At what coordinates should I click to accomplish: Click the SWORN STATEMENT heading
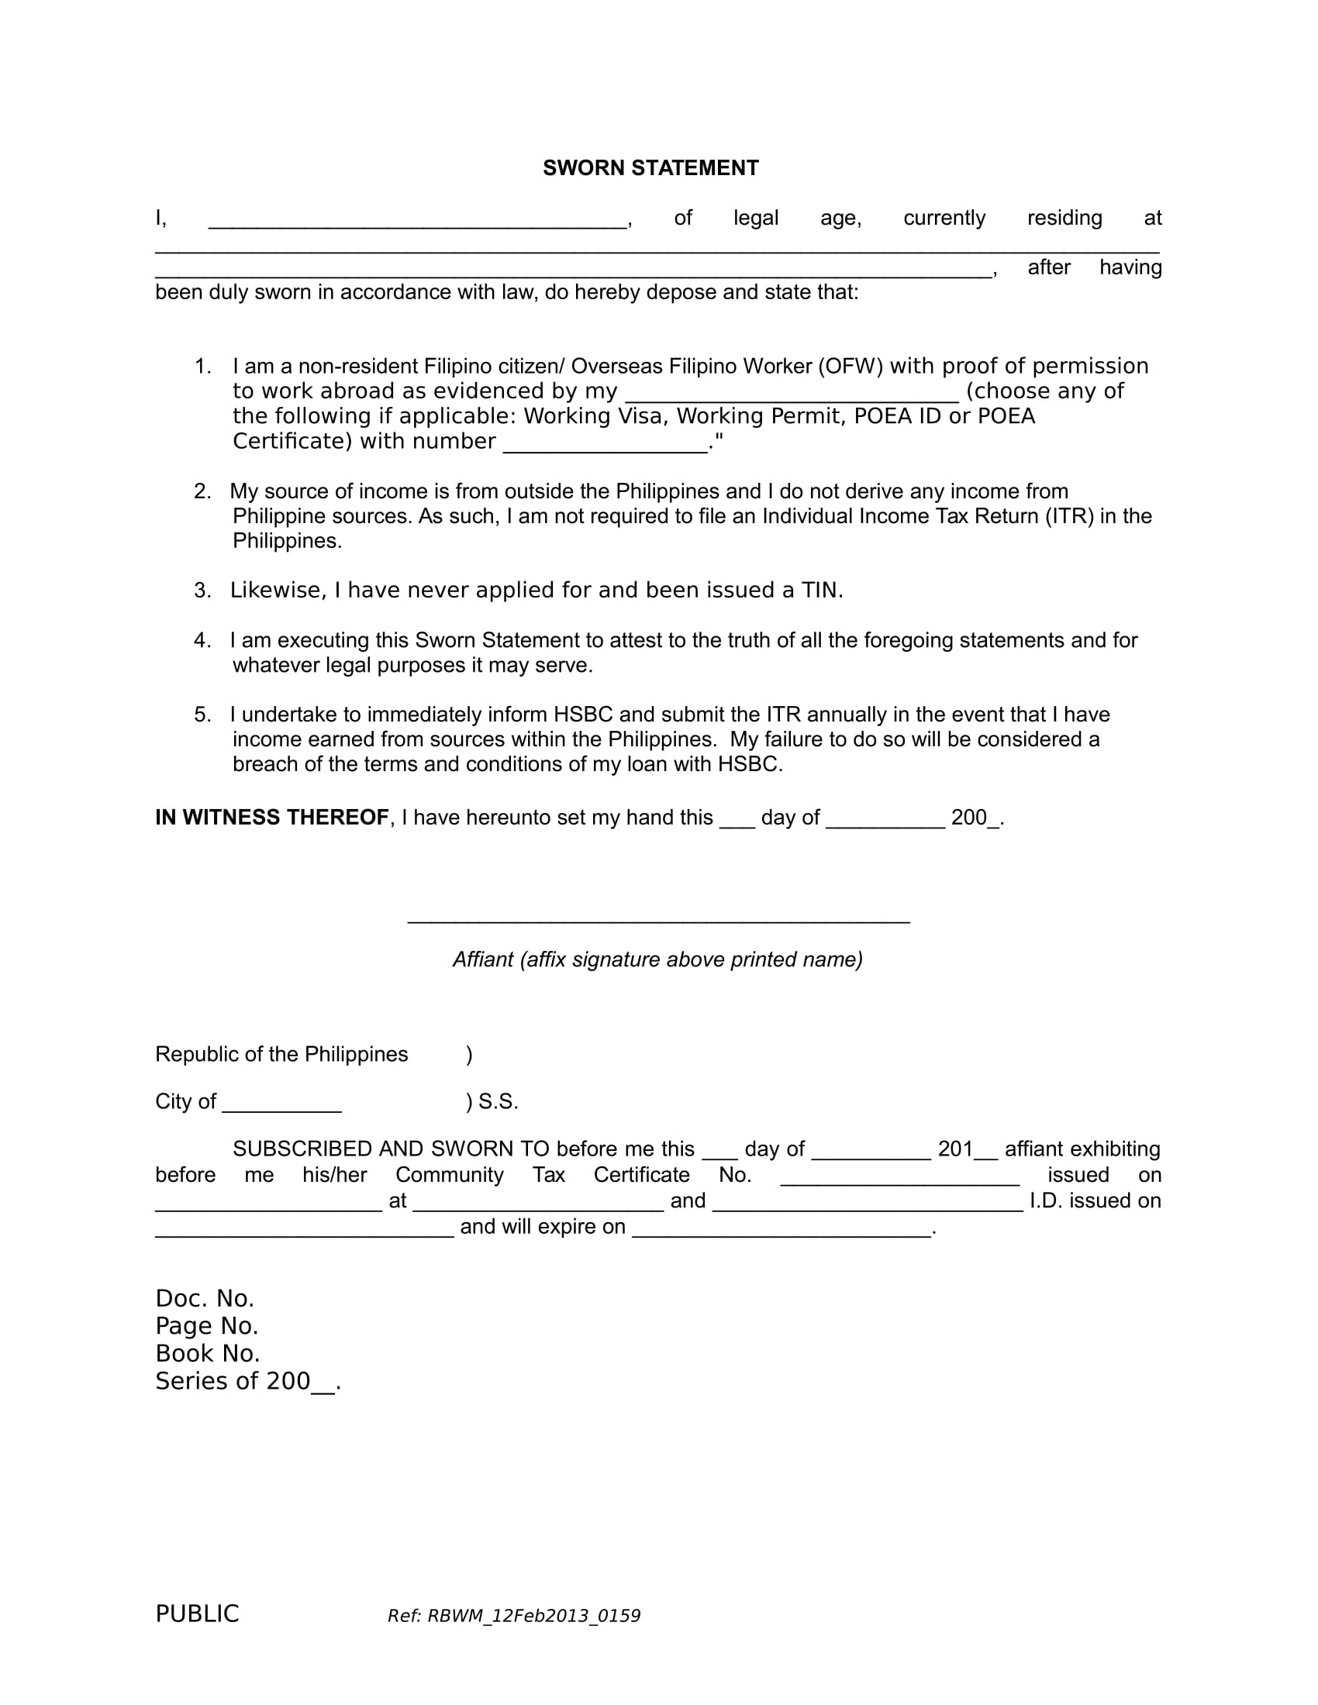coord(650,168)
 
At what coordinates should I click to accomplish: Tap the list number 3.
coord(202,591)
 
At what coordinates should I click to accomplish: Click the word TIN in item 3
coord(819,591)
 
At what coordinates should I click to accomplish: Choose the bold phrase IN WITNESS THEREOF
coord(271,818)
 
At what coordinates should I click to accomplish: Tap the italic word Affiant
coord(482,959)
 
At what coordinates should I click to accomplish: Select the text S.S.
coord(499,1101)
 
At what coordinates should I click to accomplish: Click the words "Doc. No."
coord(205,1298)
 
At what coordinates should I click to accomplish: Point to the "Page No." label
coord(207,1325)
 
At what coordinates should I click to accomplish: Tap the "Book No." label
coord(208,1353)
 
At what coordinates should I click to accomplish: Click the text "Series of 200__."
coord(248,1381)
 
